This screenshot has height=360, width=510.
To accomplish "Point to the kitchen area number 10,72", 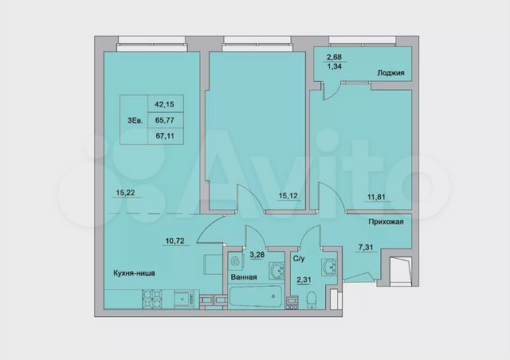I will [x=177, y=240].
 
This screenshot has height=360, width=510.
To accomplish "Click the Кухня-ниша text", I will [x=133, y=273].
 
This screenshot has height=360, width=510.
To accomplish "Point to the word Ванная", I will [x=243, y=278].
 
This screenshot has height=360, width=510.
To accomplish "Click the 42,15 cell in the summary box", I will [x=163, y=104].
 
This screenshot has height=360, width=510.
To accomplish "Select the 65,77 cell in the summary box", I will [x=163, y=120].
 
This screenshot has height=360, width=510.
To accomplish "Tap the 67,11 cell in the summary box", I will [x=163, y=136].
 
